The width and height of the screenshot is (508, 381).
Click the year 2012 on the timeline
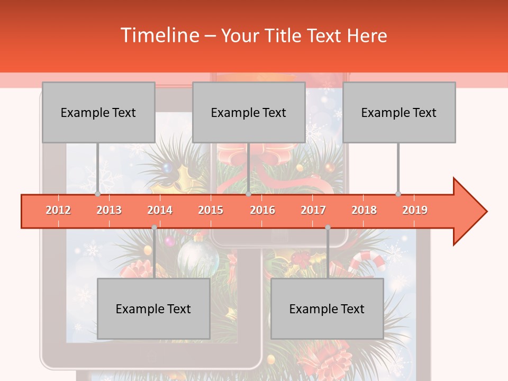pyautogui.click(x=58, y=210)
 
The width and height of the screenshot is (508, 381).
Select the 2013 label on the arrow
pyautogui.click(x=109, y=210)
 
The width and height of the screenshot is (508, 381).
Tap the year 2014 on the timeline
pyautogui.click(x=160, y=210)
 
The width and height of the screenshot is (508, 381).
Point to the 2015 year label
pyautogui.click(x=211, y=210)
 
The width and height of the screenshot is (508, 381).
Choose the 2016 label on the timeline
pyautogui.click(x=262, y=210)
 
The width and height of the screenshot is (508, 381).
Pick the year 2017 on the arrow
pyautogui.click(x=313, y=210)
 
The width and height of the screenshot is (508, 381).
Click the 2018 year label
pyautogui.click(x=364, y=210)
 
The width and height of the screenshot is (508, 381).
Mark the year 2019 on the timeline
pyautogui.click(x=415, y=210)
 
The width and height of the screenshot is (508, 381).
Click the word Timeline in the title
pyautogui.click(x=159, y=35)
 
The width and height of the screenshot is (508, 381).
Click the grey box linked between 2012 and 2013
pyautogui.click(x=98, y=112)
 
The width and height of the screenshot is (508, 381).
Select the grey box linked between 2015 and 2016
pyautogui.click(x=249, y=112)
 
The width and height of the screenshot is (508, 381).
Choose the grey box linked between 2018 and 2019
pyautogui.click(x=399, y=112)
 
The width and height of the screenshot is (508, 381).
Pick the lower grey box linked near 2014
pyautogui.click(x=153, y=309)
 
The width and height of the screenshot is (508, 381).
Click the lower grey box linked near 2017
pyautogui.click(x=327, y=309)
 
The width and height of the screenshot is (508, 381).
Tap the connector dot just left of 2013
pyautogui.click(x=98, y=194)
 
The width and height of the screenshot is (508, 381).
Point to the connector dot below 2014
pyautogui.click(x=154, y=228)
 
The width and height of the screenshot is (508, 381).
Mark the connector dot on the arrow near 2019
pyautogui.click(x=398, y=194)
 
